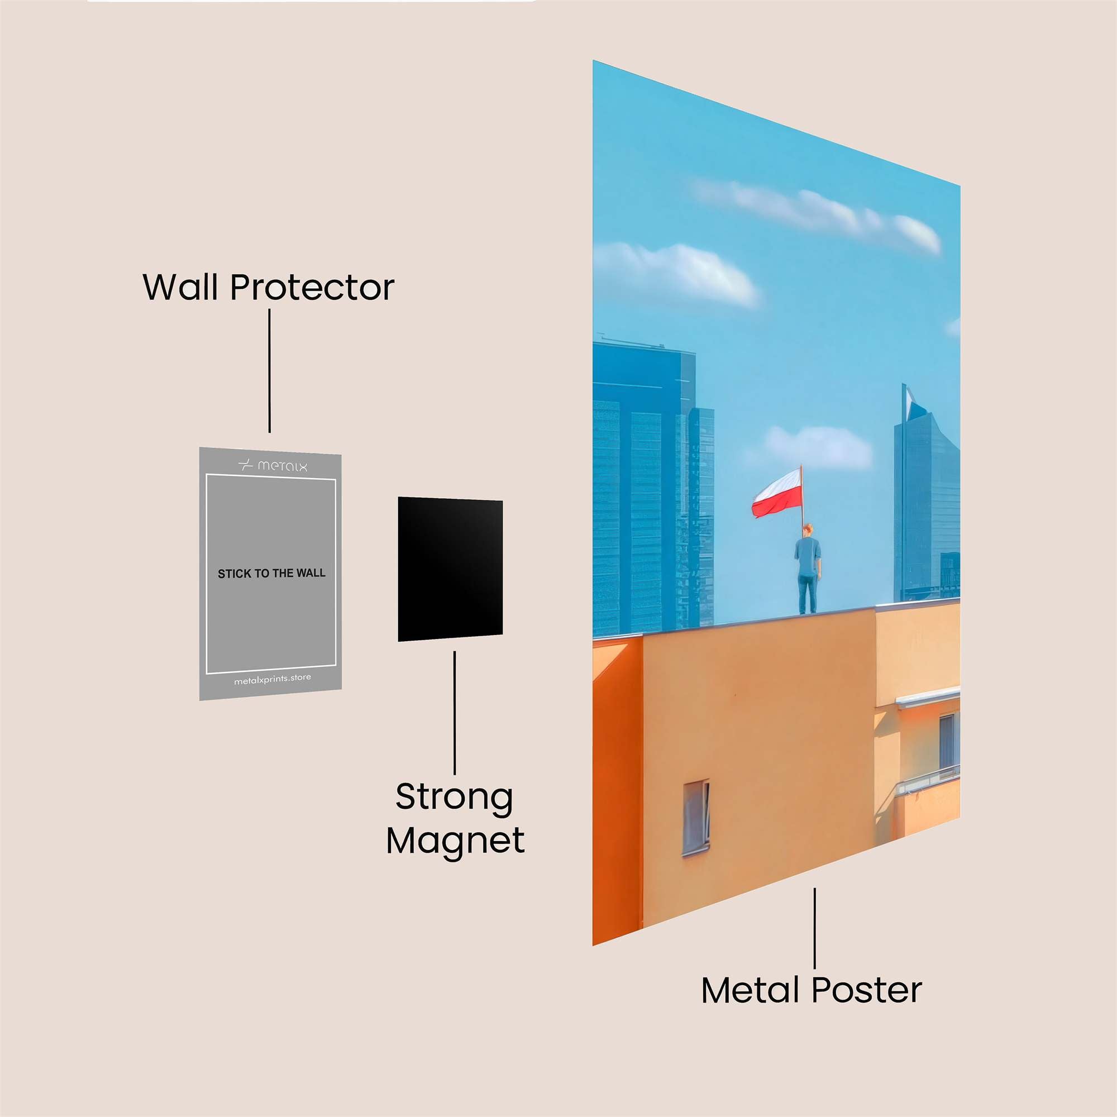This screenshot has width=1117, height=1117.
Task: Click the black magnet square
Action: coord(450,569)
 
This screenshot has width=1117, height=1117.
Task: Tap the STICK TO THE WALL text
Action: coord(271,574)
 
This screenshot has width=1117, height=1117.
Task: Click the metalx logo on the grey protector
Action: coord(273,465)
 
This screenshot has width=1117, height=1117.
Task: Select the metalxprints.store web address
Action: coord(273,679)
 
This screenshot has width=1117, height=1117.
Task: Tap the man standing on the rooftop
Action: coord(808,569)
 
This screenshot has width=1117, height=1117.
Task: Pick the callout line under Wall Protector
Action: coord(269,371)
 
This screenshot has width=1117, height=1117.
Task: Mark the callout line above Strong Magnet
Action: coord(455,712)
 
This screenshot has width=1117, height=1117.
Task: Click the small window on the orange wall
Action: coord(696,817)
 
